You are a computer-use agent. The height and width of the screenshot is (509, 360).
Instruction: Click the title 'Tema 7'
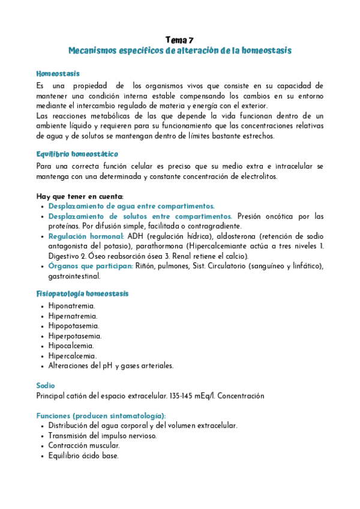click(x=179, y=40)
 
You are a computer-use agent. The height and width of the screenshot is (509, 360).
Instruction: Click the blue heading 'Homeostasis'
click(x=58, y=74)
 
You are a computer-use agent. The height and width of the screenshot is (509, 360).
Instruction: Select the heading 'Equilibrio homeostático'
click(x=77, y=154)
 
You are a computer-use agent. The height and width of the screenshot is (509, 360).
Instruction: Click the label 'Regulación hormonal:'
click(x=86, y=236)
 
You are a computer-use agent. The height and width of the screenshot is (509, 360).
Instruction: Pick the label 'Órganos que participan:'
click(x=91, y=266)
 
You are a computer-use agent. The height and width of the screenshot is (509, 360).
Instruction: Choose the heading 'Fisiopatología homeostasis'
click(x=82, y=294)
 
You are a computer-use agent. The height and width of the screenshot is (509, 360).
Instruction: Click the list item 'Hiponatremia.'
click(x=72, y=306)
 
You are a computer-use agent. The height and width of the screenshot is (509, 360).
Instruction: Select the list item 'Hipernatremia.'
click(x=73, y=316)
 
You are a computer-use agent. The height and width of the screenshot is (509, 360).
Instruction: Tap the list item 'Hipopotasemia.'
click(x=74, y=326)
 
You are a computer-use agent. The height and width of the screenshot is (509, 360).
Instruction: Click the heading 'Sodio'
click(x=46, y=386)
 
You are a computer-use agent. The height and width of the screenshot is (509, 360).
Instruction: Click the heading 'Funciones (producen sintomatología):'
click(x=101, y=416)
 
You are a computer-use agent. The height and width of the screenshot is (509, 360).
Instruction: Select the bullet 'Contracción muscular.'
click(x=84, y=446)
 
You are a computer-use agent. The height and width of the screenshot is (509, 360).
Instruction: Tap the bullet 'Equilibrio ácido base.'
click(x=84, y=456)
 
